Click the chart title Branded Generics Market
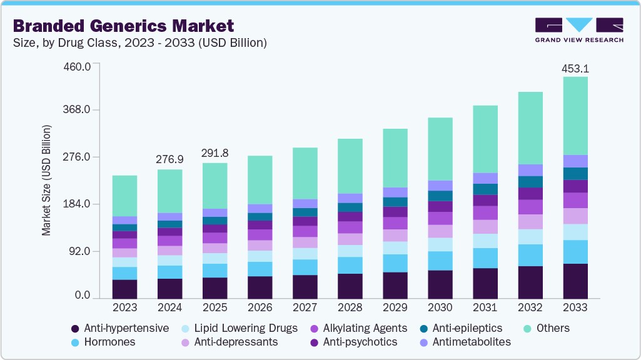tap(123, 26)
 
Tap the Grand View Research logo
tap(579, 29)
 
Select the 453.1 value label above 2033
tap(575, 69)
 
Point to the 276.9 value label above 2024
tap(169, 161)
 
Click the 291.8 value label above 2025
tap(215, 153)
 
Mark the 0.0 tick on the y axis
tap(83, 296)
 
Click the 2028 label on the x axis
tap(350, 308)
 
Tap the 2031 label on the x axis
tap(485, 308)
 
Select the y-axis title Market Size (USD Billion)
tap(46, 181)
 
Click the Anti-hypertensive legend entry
tap(119, 328)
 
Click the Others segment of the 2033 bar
tap(575, 116)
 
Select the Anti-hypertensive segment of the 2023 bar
tap(124, 289)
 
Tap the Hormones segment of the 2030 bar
tap(440, 261)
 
